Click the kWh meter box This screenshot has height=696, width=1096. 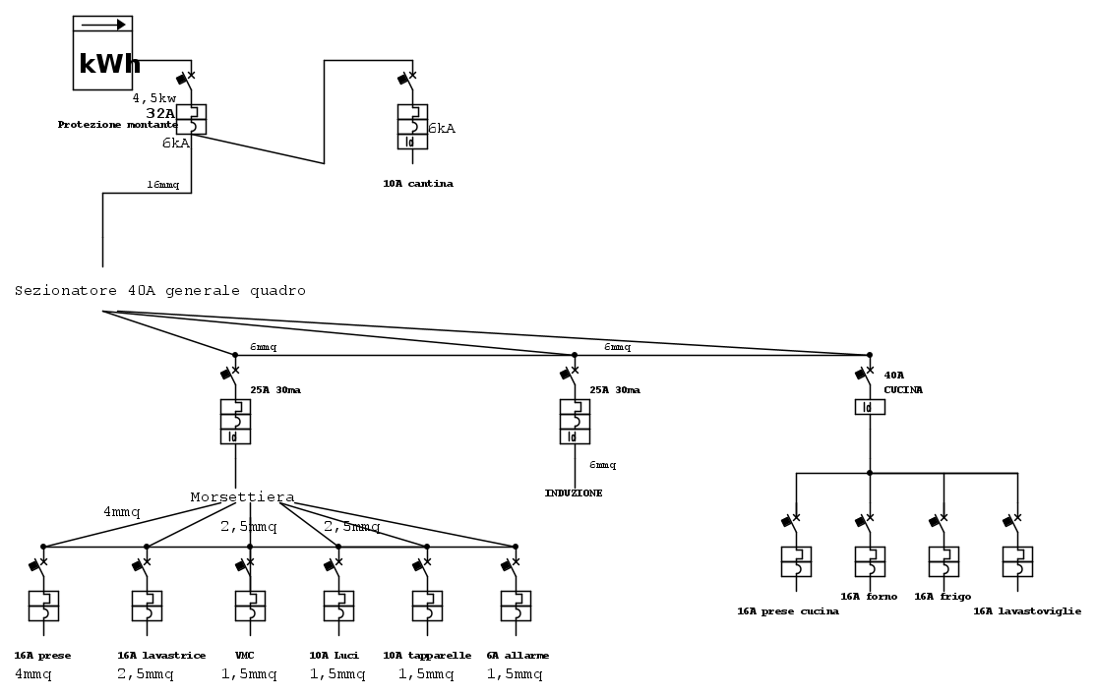pos(103,53)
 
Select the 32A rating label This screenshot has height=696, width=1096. pos(160,113)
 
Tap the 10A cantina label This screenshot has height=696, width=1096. pos(418,184)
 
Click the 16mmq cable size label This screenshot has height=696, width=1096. pos(162,185)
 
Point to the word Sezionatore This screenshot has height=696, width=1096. pos(66,291)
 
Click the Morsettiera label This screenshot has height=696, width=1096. pos(242,497)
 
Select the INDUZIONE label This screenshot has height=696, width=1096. pos(574,493)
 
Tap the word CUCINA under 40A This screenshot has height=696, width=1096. pos(903,390)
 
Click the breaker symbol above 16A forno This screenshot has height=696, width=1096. pos(870,560)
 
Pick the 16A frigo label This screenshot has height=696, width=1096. pos(943,597)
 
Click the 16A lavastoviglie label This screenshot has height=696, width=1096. pos(1026,611)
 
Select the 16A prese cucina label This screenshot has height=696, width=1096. pos(788,611)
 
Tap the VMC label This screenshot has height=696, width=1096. pos(245,656)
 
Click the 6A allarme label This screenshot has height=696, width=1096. pos(518,656)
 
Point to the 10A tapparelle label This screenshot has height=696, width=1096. pos(427,656)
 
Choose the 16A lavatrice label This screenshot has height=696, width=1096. pos(161,656)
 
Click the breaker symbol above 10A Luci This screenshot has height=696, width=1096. pos(338,605)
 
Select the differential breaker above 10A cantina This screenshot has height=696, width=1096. pos(412,126)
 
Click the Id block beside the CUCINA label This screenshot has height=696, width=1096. pos(870,407)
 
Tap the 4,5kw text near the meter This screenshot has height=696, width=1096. pos(154,98)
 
